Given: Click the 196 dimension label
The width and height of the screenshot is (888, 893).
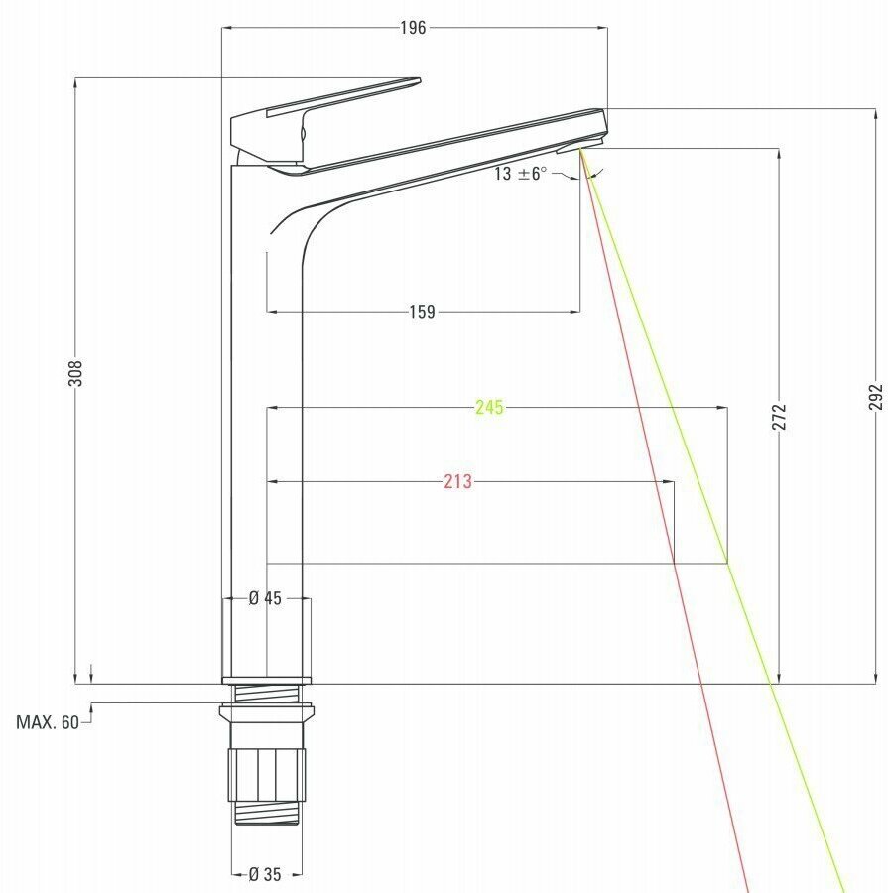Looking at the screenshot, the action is [413, 28].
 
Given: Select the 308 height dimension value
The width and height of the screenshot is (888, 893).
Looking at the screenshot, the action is [75, 373].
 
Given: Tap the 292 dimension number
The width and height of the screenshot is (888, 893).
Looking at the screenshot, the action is [876, 396].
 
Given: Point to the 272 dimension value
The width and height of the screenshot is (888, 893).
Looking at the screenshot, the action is [779, 417].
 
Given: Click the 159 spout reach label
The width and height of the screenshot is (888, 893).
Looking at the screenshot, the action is [422, 312].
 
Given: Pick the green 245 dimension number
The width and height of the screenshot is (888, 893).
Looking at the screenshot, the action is [490, 407].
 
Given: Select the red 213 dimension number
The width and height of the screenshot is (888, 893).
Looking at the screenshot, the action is [458, 482].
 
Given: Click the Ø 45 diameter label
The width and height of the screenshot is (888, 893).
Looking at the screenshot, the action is [265, 598].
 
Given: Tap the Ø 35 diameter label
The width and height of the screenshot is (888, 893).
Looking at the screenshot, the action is [265, 873].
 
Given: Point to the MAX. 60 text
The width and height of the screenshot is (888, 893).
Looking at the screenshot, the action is [48, 722].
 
